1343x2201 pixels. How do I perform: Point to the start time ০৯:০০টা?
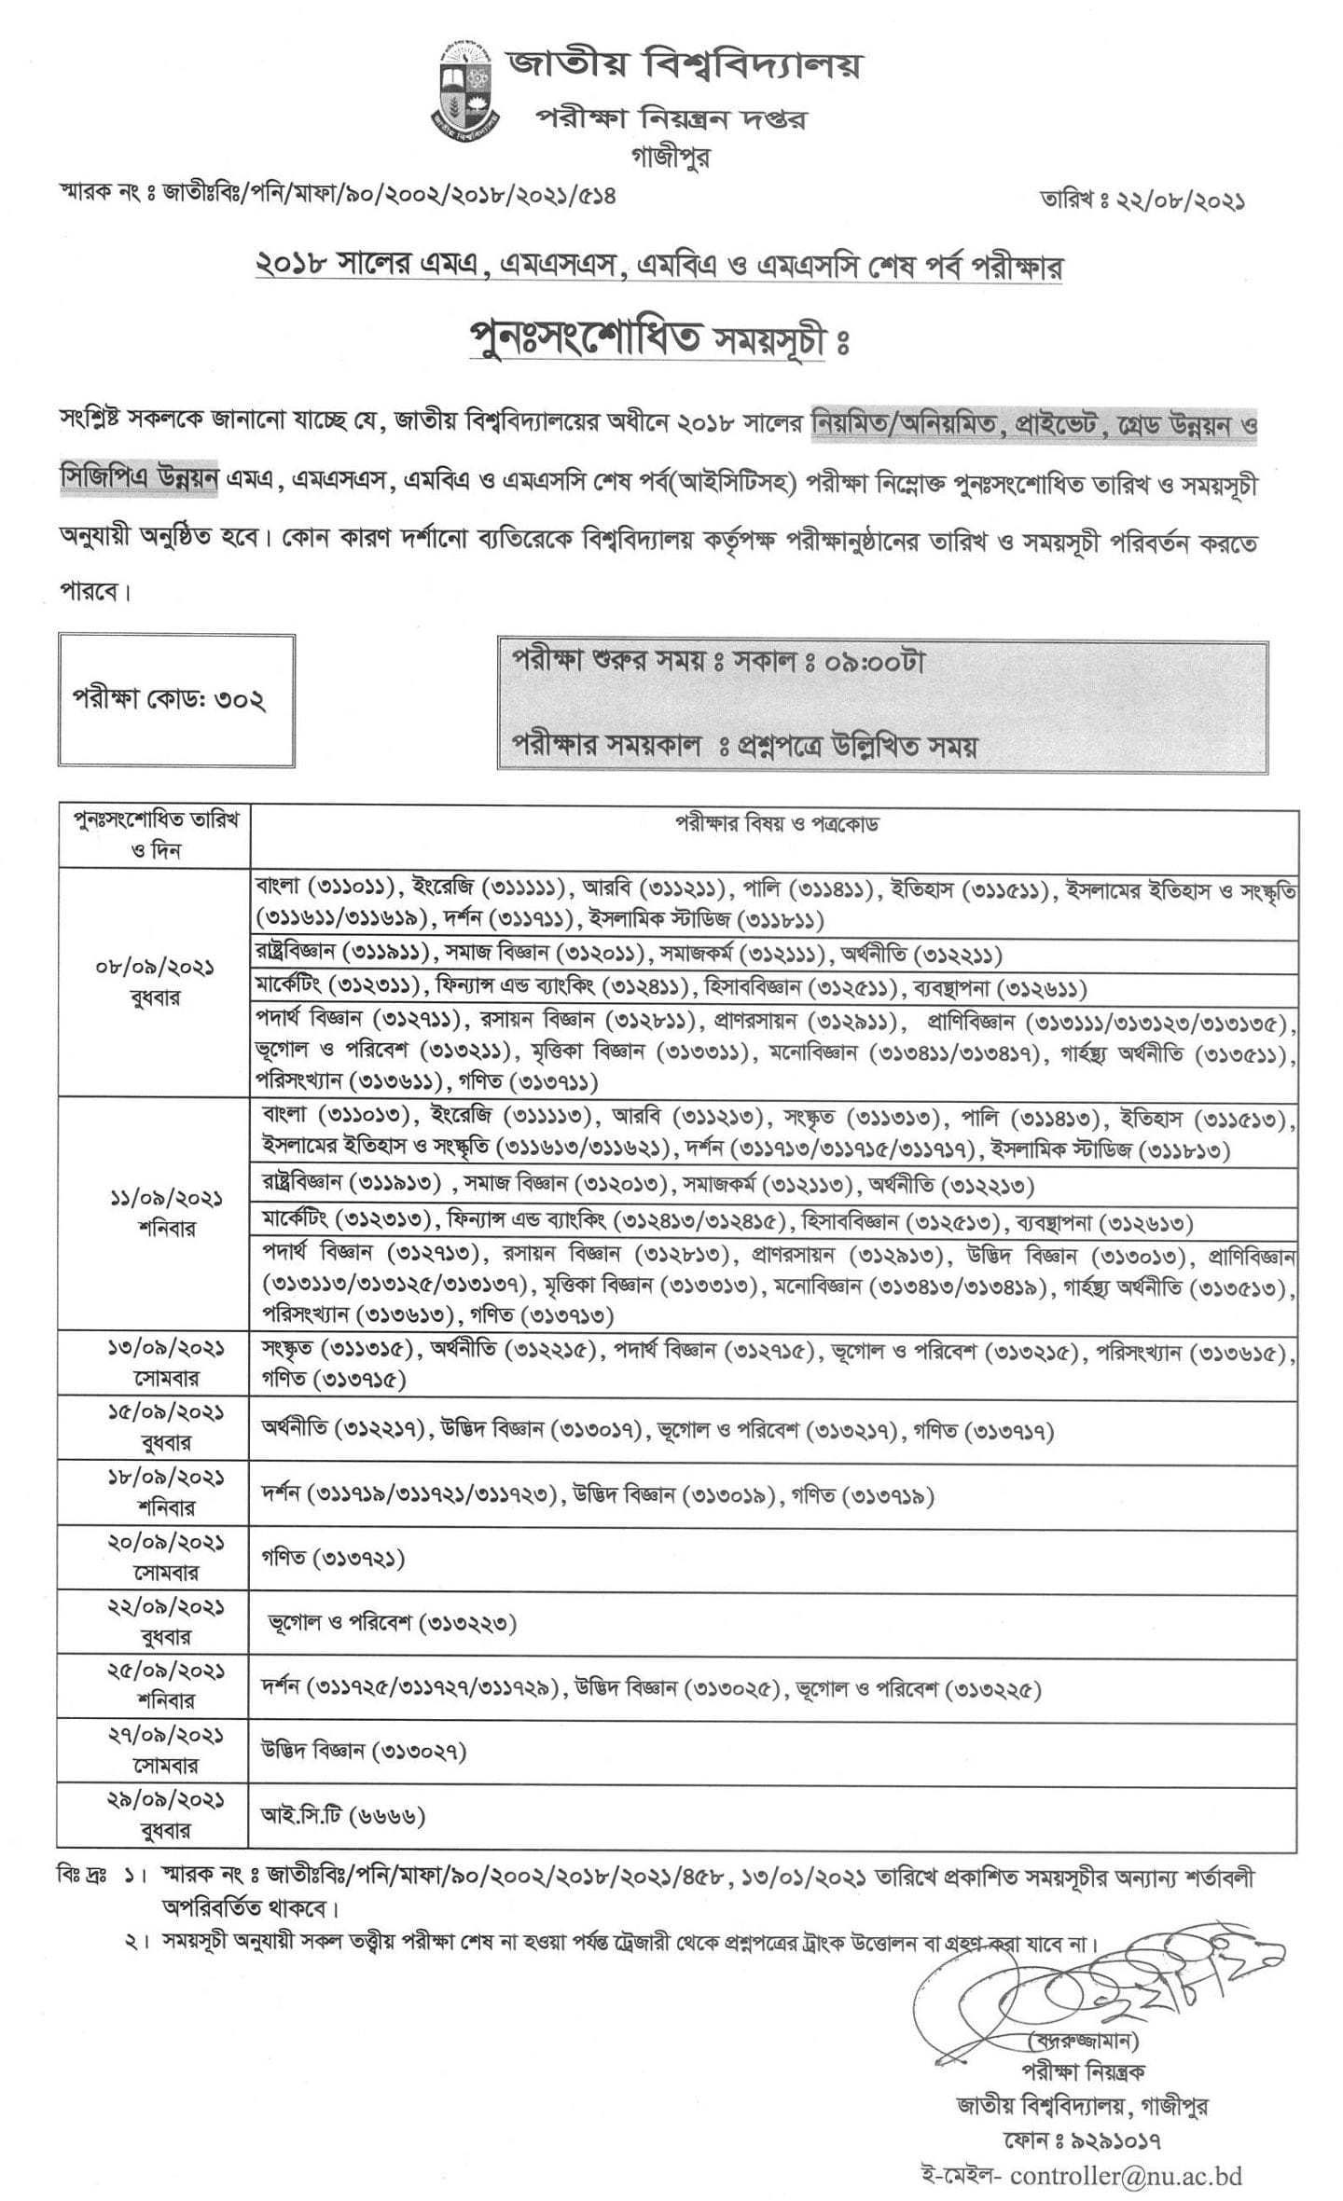point(879,662)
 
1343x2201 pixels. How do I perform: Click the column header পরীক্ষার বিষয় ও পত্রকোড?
point(776,824)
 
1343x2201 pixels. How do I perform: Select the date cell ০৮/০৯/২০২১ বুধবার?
point(155,983)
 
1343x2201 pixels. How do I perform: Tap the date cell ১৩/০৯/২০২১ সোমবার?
point(155,1363)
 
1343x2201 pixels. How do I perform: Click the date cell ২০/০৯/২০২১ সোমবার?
point(155,1558)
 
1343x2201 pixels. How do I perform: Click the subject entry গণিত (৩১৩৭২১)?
point(333,1558)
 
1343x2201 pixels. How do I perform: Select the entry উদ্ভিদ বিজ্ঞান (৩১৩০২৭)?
point(364,1751)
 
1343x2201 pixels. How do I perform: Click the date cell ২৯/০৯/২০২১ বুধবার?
point(155,1815)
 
